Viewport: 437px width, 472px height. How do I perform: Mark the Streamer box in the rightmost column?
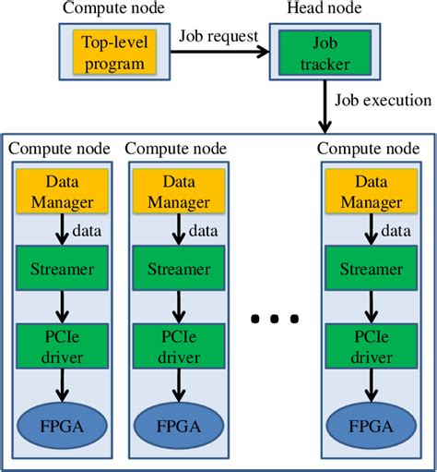click(x=370, y=271)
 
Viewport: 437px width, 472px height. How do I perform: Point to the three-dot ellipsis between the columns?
click(x=274, y=320)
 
